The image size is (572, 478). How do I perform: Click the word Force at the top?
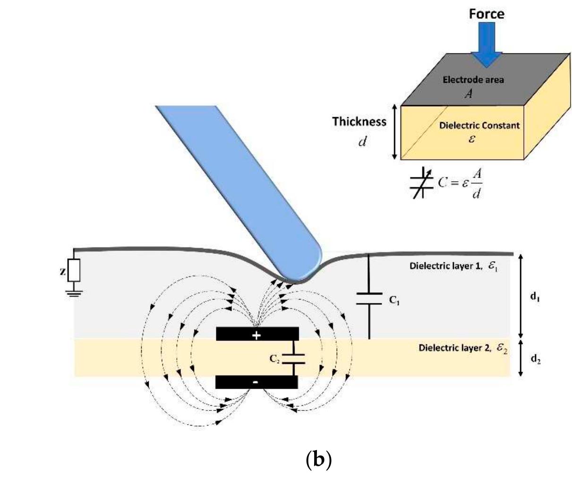pyautogui.click(x=486, y=14)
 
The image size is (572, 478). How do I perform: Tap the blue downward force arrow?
pyautogui.click(x=487, y=45)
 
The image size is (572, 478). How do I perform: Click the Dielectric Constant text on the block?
pyautogui.click(x=479, y=126)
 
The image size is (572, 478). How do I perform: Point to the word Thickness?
pyautogui.click(x=359, y=121)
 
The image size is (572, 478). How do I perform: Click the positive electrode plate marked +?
pyautogui.click(x=257, y=334)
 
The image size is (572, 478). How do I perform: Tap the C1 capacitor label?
pyautogui.click(x=395, y=300)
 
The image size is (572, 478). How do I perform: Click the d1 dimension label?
pyautogui.click(x=535, y=297)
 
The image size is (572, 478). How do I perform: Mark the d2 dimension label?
pyautogui.click(x=535, y=359)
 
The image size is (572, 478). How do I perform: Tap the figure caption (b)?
pyautogui.click(x=319, y=459)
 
